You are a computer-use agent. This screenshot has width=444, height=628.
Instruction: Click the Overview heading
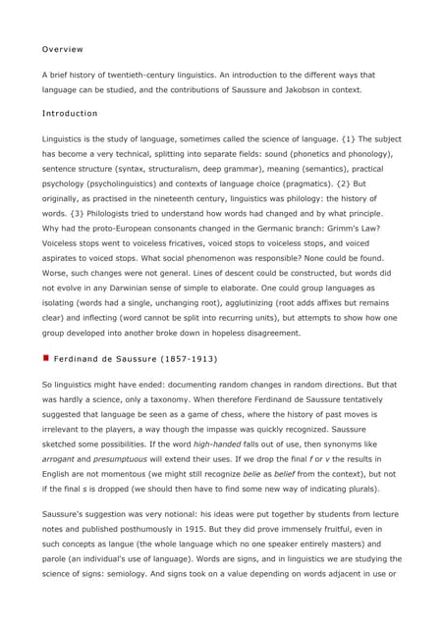pyautogui.click(x=62, y=49)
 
